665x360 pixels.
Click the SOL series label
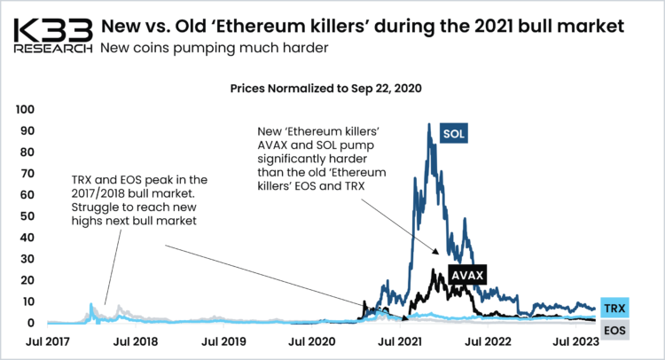coord(454,135)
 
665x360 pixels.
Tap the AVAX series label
coord(466,275)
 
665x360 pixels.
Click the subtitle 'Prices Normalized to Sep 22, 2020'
coord(325,90)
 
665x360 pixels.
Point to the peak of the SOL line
coord(429,125)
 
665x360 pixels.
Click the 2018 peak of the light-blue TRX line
coord(91,305)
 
